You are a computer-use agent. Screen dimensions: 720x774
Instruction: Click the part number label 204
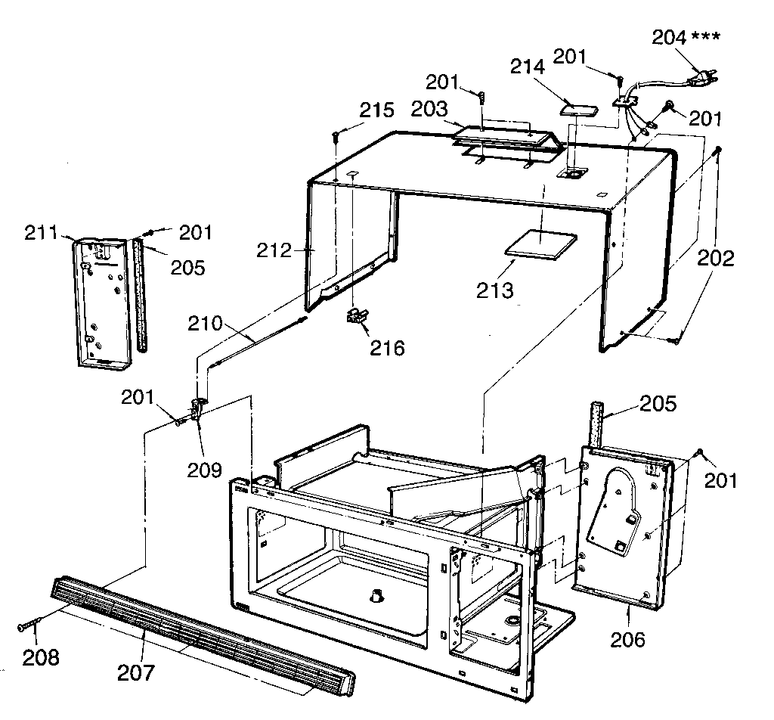tap(668, 38)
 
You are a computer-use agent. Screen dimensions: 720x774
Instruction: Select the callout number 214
tap(527, 67)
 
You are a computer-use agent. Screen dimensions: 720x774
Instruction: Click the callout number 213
tap(495, 289)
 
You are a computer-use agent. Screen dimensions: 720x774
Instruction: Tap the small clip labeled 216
tap(354, 316)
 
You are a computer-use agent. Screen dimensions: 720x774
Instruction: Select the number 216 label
tap(386, 348)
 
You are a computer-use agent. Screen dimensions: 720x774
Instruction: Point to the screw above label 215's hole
tap(335, 136)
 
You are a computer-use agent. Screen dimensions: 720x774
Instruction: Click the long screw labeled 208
tap(28, 625)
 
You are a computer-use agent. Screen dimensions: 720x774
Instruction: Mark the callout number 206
tap(628, 639)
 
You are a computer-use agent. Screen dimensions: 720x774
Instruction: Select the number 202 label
tap(715, 259)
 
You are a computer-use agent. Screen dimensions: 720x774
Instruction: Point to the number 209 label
tap(206, 469)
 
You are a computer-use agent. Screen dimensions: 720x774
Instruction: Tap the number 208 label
tap(40, 657)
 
